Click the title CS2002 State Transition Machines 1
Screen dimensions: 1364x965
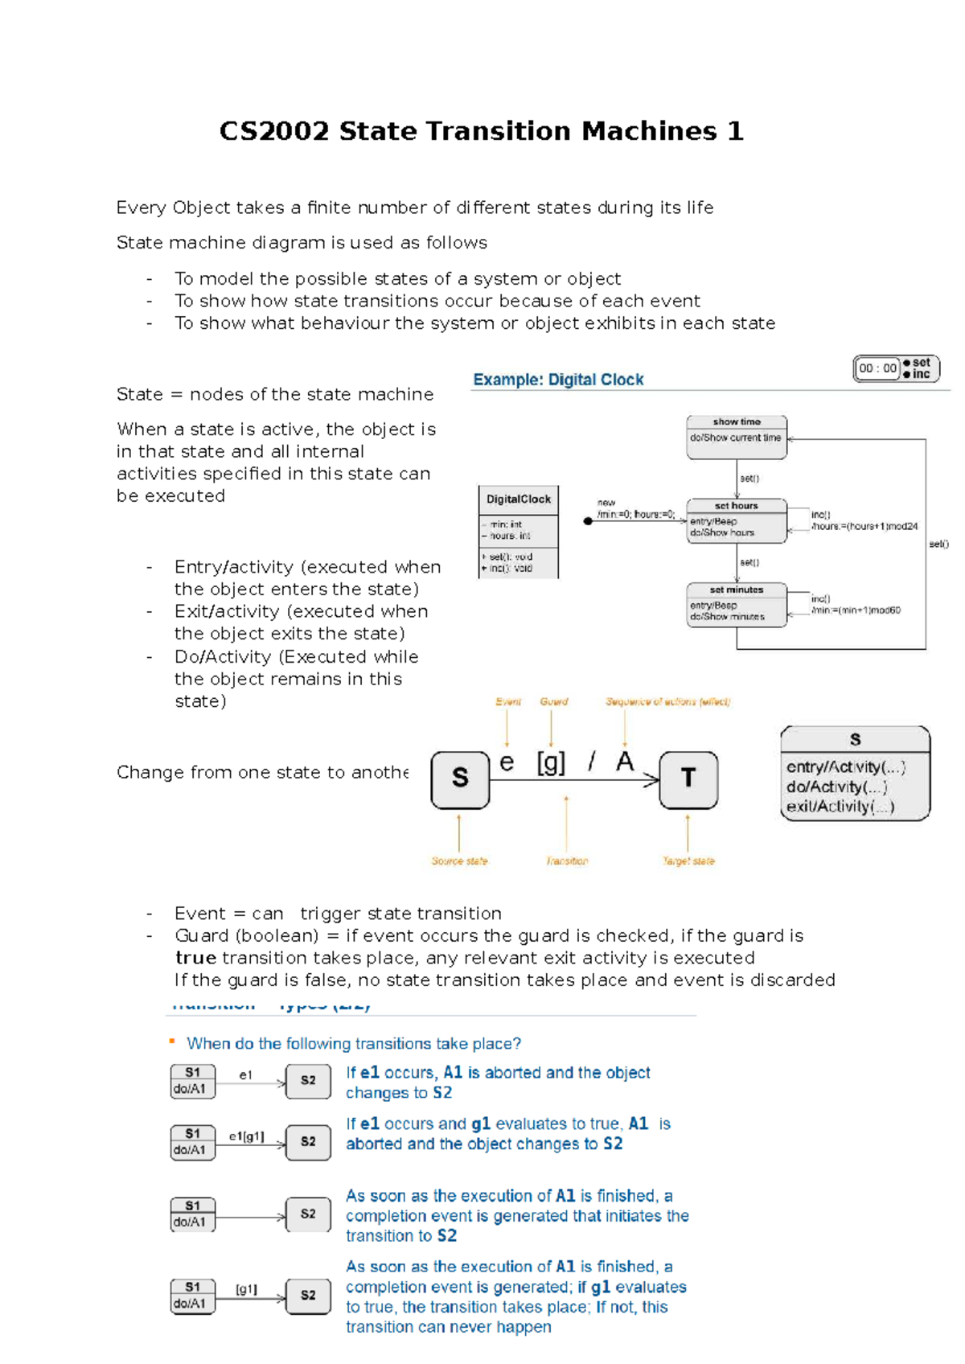pos(481,131)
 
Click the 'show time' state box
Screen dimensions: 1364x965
pos(736,437)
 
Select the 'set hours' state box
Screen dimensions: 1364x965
pos(736,520)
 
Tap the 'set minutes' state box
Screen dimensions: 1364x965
pos(736,605)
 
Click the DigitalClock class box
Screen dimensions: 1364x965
pos(518,532)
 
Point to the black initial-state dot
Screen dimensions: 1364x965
pos(588,521)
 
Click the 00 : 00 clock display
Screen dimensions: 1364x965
pos(877,368)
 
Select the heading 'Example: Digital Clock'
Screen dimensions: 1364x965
pos(558,380)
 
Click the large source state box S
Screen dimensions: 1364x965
pos(460,779)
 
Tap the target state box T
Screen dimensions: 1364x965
pos(688,779)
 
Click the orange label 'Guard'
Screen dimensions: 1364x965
pos(553,701)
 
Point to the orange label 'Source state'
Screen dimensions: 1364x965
pos(459,861)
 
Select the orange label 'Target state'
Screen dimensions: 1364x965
pos(688,861)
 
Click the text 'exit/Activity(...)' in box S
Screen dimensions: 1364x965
pos(840,806)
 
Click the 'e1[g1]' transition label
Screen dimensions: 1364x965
pos(246,1136)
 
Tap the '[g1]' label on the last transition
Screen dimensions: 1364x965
pos(246,1289)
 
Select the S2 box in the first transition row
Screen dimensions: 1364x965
pos(308,1080)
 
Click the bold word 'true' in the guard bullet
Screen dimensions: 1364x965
pos(195,958)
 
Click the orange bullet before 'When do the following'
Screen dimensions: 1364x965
pos(171,1041)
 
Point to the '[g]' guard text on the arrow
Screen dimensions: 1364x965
pos(551,762)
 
